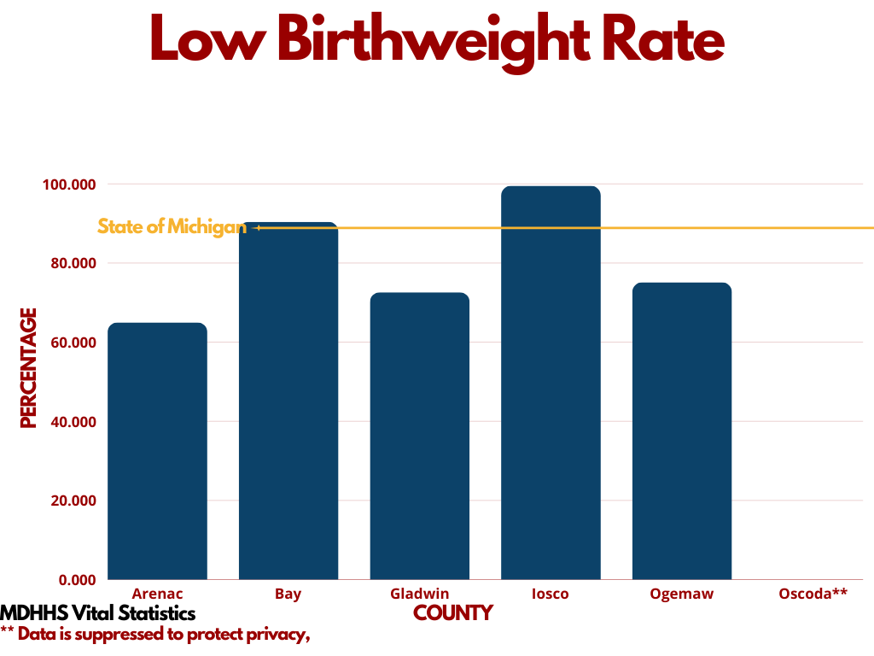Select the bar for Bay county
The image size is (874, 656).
[288, 401]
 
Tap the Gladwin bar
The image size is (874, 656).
[419, 436]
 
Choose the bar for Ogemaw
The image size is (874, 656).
[682, 431]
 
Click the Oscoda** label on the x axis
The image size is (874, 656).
[813, 594]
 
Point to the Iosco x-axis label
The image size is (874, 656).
[551, 594]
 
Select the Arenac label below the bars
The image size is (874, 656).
[157, 594]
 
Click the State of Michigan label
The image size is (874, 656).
[172, 227]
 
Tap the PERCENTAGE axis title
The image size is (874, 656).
[29, 368]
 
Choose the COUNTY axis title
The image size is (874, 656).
[453, 613]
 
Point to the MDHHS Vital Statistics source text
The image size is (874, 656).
[98, 613]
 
